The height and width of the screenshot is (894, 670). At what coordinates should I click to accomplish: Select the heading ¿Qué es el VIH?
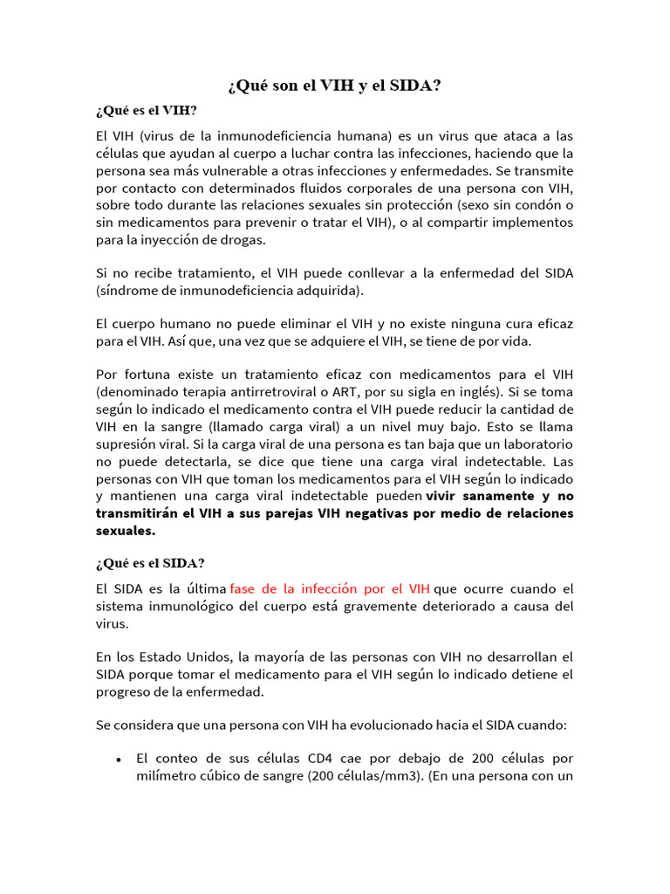point(147,111)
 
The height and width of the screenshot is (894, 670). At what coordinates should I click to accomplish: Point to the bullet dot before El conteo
point(118,760)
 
